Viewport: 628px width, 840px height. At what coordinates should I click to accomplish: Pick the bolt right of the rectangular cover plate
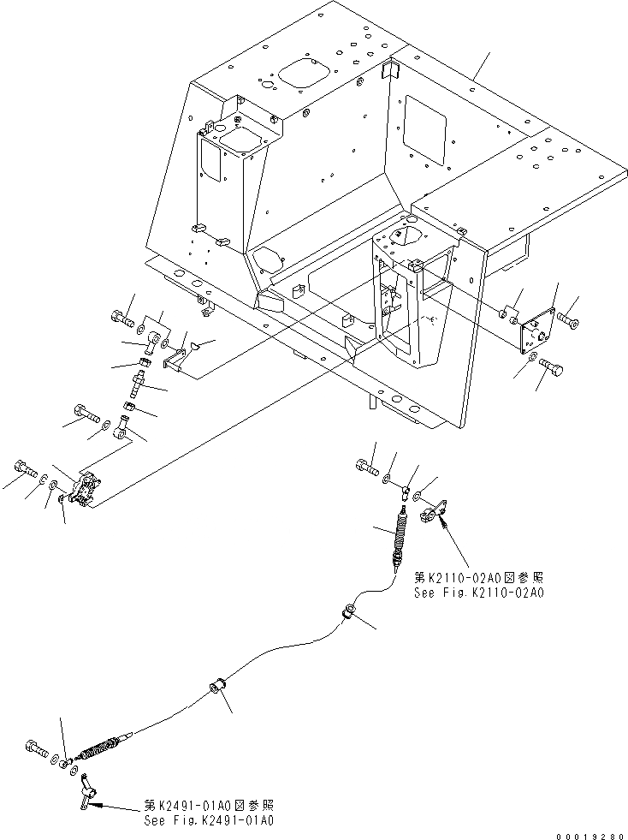tap(570, 319)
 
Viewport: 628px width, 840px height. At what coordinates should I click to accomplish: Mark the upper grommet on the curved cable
tap(350, 612)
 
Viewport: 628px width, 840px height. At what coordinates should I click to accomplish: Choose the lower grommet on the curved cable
tap(218, 688)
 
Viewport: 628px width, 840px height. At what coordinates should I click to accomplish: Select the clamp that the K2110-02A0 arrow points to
tap(430, 514)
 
